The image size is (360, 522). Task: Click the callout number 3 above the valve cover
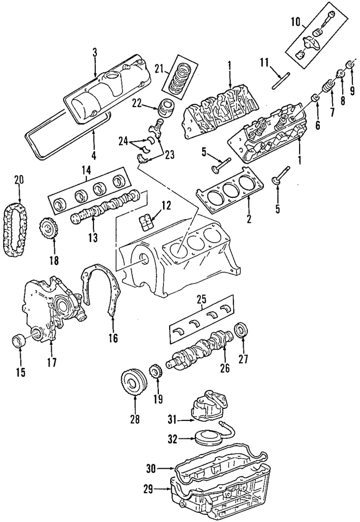pos(94,52)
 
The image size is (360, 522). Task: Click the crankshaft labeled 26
pos(201,347)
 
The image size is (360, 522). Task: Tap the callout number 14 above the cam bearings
pos(86,170)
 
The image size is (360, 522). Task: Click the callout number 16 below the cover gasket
pos(113,338)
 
